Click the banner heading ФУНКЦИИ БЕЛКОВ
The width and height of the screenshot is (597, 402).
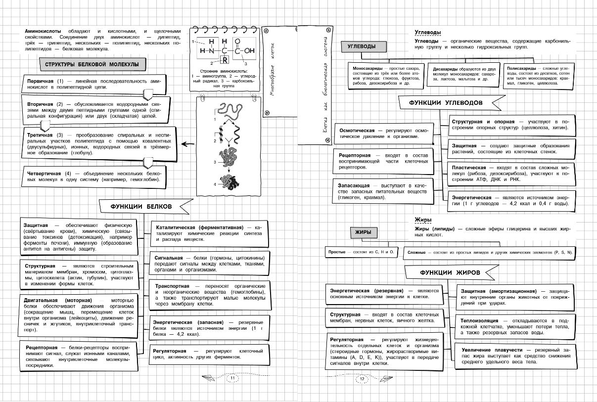(141, 206)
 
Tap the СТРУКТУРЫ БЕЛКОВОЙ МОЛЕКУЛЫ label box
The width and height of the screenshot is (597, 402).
(92, 65)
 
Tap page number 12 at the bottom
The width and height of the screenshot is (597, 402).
(362, 379)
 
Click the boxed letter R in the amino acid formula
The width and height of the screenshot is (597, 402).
(224, 61)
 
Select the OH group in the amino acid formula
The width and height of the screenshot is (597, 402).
(249, 50)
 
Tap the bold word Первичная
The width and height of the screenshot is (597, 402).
(41, 81)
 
